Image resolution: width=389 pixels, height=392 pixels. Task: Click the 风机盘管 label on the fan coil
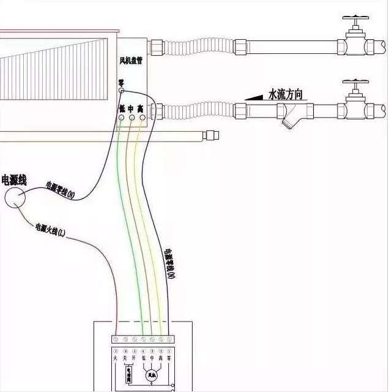tap(132, 61)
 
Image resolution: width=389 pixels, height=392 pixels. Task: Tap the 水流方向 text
tap(285, 95)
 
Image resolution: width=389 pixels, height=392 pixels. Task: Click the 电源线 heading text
tap(13, 181)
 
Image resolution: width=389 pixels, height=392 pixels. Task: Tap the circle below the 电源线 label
tap(15, 197)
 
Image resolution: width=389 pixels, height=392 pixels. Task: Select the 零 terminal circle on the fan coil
tap(121, 91)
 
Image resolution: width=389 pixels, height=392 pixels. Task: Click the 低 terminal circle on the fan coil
tap(122, 116)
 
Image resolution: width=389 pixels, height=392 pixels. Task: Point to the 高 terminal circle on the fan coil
tap(141, 116)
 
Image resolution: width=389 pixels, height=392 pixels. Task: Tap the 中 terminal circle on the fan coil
tap(132, 116)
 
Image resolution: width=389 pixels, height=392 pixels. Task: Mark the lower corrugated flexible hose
tap(199, 111)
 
